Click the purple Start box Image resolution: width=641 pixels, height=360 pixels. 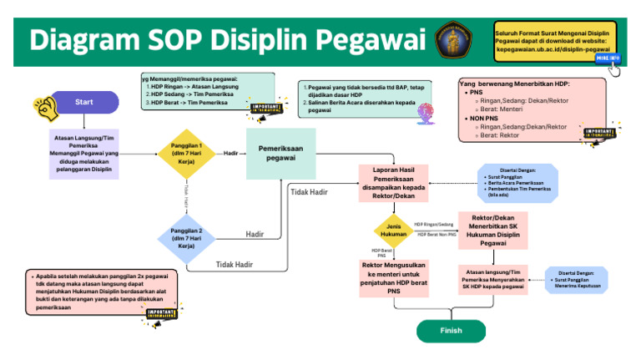(x=83, y=102)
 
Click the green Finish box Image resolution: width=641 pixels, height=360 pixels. (x=451, y=330)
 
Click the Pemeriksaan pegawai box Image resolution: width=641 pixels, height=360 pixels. (x=281, y=154)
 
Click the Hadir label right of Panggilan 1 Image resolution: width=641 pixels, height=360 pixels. (x=231, y=154)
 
